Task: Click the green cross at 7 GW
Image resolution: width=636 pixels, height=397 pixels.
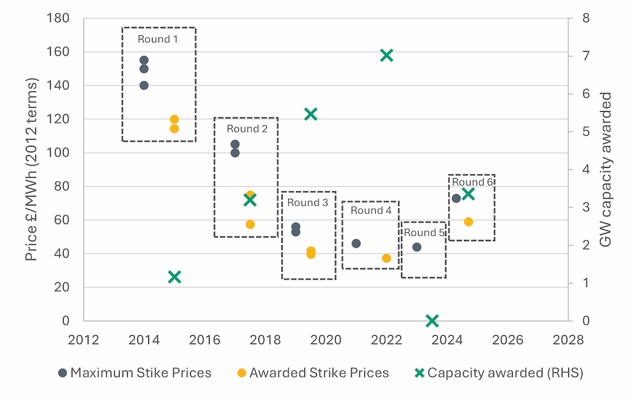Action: [x=386, y=56]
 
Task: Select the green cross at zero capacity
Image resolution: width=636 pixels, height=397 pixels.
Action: [x=432, y=321]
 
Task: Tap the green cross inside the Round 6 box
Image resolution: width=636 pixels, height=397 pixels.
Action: [x=468, y=194]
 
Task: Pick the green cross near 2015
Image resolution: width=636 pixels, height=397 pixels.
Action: [x=174, y=277]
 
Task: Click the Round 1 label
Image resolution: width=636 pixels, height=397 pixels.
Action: [x=158, y=39]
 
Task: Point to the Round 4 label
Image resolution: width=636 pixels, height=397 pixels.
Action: [x=370, y=211]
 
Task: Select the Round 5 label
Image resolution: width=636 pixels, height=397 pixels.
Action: [x=424, y=233]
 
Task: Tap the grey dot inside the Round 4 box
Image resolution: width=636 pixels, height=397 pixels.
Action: [x=356, y=243]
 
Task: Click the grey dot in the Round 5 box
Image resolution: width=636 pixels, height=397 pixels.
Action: [x=417, y=247]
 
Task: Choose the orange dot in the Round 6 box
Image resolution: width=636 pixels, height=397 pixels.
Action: [x=468, y=222]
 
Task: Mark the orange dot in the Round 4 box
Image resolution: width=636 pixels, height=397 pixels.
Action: [x=386, y=258]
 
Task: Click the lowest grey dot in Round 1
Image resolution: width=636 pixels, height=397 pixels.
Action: [x=144, y=85]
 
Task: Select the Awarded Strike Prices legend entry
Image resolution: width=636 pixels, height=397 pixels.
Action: [x=313, y=373]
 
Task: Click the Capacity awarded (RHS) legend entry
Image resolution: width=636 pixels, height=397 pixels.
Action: [x=499, y=373]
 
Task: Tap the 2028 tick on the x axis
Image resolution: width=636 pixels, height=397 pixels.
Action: [x=568, y=339]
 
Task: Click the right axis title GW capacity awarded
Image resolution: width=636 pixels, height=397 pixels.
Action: [x=607, y=169]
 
